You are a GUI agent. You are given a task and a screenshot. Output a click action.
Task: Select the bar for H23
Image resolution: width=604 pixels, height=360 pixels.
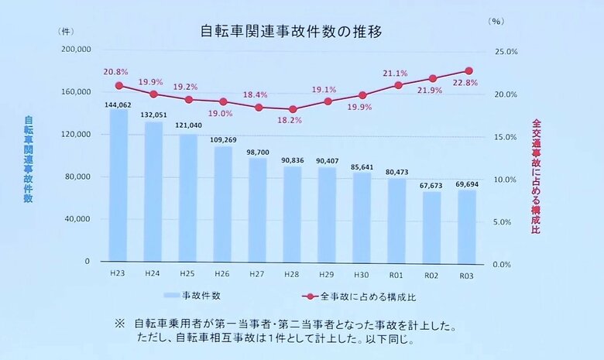118,186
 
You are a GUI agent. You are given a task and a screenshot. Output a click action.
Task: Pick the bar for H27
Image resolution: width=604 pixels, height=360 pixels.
258,209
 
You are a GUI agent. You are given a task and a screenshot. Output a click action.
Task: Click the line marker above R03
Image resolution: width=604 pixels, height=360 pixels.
468,70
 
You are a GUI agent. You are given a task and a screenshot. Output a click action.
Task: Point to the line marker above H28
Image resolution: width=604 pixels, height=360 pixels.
293,109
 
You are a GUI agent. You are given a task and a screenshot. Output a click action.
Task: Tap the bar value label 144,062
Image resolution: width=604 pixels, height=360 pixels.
118,104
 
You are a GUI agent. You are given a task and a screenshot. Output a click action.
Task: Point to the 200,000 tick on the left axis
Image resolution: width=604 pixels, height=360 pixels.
75,49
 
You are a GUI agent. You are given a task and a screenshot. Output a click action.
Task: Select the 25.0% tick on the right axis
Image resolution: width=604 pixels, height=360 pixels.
506,52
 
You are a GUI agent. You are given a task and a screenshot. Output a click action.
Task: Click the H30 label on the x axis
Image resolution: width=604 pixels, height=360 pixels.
362,274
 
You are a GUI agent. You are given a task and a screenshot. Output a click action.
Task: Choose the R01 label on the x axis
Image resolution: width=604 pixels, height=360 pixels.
397,274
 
